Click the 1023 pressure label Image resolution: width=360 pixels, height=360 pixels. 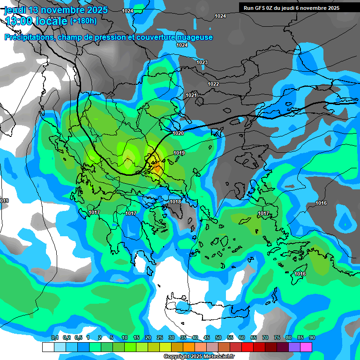(x=202, y=62)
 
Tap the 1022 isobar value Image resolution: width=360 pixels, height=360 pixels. (x=213, y=84)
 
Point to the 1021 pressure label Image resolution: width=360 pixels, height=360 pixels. (x=191, y=95)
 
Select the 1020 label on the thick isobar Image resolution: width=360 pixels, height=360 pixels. (x=179, y=134)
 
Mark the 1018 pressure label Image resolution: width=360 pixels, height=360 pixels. (x=175, y=202)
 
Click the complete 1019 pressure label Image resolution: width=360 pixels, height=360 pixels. (x=179, y=153)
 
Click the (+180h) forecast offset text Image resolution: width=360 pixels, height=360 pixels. (x=83, y=21)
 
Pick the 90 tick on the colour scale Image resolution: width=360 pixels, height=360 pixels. (x=312, y=338)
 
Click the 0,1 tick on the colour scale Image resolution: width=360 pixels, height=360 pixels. (x=54, y=338)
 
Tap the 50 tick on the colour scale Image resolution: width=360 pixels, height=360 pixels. (x=218, y=338)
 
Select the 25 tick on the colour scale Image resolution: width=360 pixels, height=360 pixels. (x=160, y=338)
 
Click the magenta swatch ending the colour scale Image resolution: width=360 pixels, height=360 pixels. (x=306, y=347)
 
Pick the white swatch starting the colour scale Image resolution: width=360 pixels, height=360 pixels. (x=48, y=347)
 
